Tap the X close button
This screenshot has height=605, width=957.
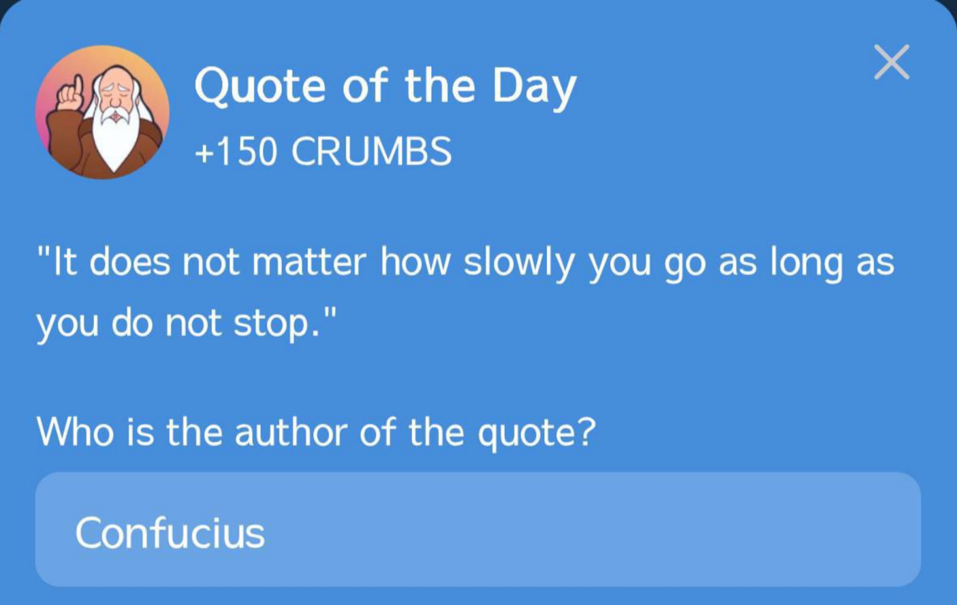coord(892,62)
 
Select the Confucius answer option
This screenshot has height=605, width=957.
coord(478,530)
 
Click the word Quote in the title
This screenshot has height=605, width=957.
coord(260,86)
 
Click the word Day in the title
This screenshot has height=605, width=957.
coord(534,87)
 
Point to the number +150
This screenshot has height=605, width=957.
coord(236,151)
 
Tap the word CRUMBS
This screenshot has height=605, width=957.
coord(371,151)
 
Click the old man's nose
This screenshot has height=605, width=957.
coord(114,103)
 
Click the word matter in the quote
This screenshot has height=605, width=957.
coord(309,263)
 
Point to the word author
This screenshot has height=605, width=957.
coord(291,433)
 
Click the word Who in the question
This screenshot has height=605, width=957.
coord(75,432)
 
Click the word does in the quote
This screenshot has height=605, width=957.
coord(129,262)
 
